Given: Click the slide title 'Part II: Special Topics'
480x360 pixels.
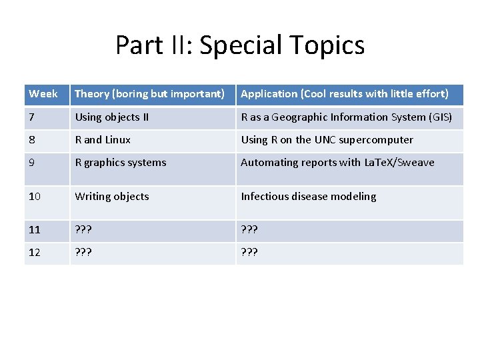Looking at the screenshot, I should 240,45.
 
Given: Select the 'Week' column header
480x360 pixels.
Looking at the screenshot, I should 43,94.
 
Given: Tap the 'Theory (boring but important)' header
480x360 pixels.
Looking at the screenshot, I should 149,94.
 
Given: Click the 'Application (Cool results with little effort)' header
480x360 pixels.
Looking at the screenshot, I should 344,94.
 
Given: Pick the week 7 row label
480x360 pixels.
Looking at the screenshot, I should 32,117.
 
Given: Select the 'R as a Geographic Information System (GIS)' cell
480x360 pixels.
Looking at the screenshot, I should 346,117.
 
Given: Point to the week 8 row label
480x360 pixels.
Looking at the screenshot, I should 32,140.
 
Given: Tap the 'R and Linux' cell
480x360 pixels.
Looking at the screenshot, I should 103,140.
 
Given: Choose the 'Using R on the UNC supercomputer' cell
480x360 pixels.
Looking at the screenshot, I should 327,140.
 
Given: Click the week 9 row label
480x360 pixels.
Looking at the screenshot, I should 32,163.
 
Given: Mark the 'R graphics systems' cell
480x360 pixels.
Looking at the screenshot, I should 121,163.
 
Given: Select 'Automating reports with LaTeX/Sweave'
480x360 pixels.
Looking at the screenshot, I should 337,163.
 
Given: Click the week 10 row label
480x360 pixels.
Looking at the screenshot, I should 35,197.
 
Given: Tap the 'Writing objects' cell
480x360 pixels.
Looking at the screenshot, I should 112,197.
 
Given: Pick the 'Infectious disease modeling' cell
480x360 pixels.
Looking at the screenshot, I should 308,197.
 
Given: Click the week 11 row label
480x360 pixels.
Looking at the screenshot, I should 35,230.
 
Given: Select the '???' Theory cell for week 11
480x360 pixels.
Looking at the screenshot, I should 83,230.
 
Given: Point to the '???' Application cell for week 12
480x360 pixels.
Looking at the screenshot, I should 249,253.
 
